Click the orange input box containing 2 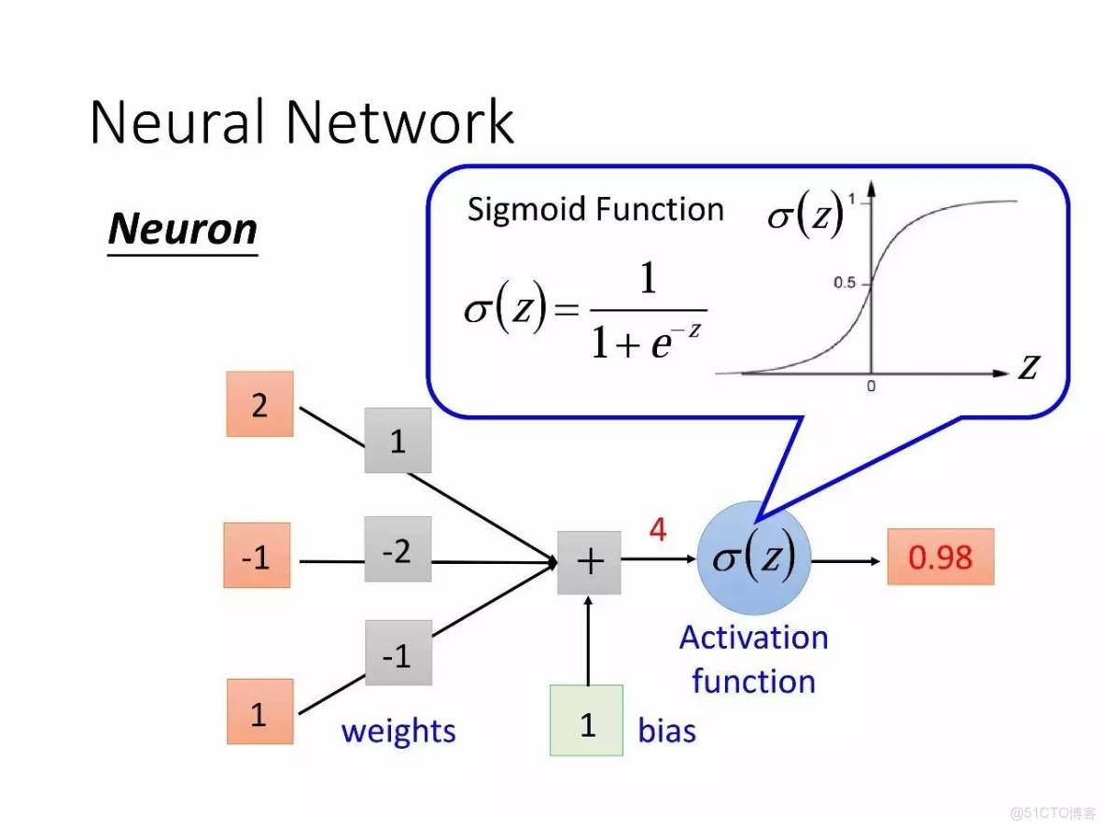pos(259,404)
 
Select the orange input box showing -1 pos(257,558)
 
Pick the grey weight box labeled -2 pos(398,550)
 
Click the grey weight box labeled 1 pos(398,440)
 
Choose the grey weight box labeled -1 pos(398,653)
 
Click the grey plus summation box pos(589,562)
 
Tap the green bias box pos(587,720)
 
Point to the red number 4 pos(658,530)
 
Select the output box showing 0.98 pos(940,557)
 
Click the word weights pos(399,731)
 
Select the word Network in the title pos(399,122)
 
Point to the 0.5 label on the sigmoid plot pos(845,283)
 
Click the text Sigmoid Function pos(595,209)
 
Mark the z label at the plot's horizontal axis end pos(1028,367)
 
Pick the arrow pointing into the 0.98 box pos(846,561)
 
